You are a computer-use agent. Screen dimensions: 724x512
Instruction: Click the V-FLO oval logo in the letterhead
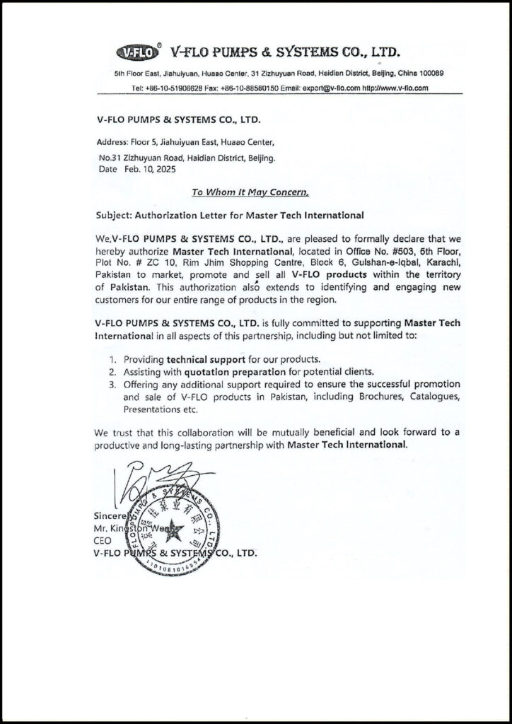point(136,52)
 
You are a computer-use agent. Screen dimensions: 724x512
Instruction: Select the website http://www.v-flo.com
point(395,88)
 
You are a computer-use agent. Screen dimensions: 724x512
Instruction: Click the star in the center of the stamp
point(173,529)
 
